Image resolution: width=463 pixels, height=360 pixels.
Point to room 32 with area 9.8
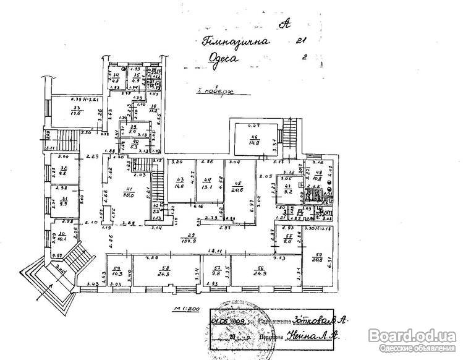[62, 171]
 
